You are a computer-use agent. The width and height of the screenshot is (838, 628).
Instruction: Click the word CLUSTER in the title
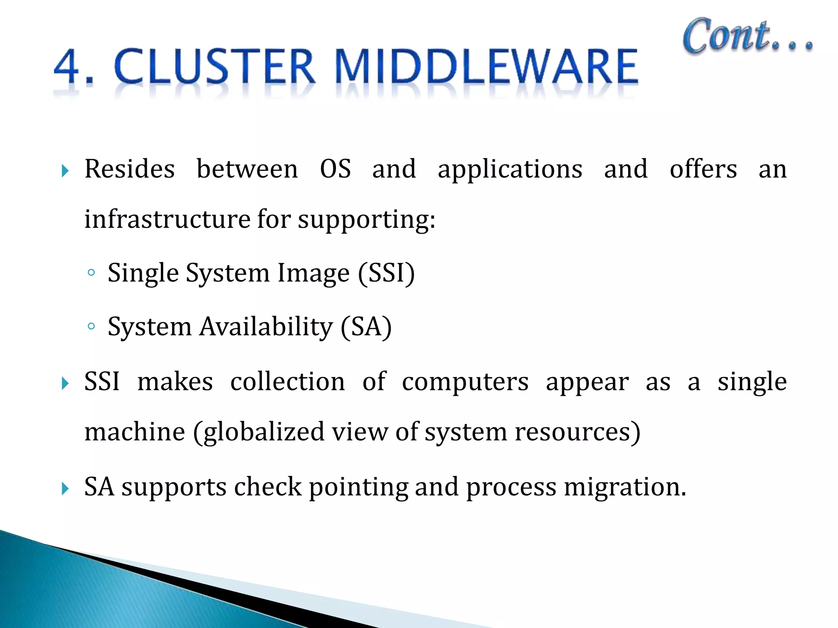pyautogui.click(x=214, y=66)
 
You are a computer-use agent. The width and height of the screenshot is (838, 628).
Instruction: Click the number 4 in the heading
pyautogui.click(x=67, y=66)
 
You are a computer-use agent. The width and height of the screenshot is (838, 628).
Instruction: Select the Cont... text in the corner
pyautogui.click(x=747, y=37)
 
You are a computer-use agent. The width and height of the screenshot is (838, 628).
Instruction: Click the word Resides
pyautogui.click(x=130, y=169)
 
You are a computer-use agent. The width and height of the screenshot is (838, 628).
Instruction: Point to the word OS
pyautogui.click(x=335, y=169)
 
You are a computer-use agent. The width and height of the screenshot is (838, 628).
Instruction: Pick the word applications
pyautogui.click(x=510, y=170)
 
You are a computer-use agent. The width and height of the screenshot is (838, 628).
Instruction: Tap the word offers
pyautogui.click(x=703, y=169)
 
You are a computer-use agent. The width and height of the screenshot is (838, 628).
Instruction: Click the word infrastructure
pyautogui.click(x=167, y=219)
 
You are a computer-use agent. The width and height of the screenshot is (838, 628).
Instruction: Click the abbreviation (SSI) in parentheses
pyautogui.click(x=386, y=273)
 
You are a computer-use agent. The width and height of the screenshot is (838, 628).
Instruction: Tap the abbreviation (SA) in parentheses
pyautogui.click(x=366, y=327)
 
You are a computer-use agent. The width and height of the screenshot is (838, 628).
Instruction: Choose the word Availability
pyautogui.click(x=266, y=327)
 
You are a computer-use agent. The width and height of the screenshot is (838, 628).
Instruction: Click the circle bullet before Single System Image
pyautogui.click(x=91, y=273)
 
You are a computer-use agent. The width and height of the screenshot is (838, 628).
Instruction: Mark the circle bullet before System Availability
pyautogui.click(x=91, y=326)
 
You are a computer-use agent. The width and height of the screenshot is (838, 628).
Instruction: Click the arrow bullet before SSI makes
pyautogui.click(x=65, y=384)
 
